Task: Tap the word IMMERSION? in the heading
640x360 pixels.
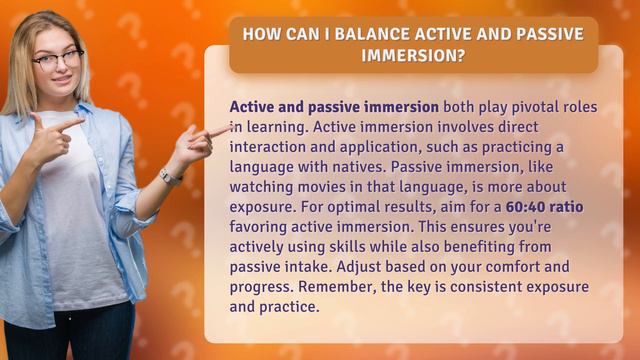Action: pos(413,55)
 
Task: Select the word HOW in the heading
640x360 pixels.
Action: pos(262,35)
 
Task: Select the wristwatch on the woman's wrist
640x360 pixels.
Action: pos(170,177)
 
